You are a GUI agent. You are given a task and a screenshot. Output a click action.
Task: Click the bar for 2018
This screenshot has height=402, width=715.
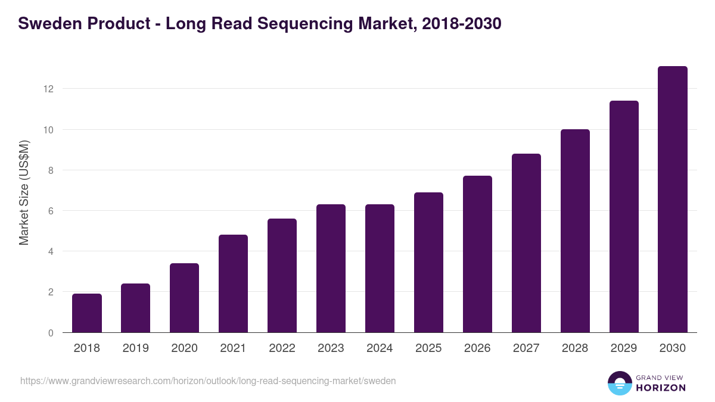pyautogui.click(x=87, y=313)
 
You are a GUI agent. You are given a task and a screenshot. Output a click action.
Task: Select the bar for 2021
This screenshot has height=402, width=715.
pyautogui.click(x=233, y=283)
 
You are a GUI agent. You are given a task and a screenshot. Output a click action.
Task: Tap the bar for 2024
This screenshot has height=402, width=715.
pyautogui.click(x=380, y=269)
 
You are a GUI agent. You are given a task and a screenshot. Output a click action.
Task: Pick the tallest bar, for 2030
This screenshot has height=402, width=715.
pyautogui.click(x=673, y=200)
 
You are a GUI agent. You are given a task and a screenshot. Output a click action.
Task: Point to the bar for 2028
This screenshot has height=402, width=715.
pyautogui.click(x=575, y=231)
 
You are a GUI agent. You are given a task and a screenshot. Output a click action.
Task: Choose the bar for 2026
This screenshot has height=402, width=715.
pyautogui.click(x=477, y=254)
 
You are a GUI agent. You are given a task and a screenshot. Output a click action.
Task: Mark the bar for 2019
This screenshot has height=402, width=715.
pyautogui.click(x=136, y=308)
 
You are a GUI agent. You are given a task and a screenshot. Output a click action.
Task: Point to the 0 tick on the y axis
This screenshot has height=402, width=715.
pyautogui.click(x=51, y=333)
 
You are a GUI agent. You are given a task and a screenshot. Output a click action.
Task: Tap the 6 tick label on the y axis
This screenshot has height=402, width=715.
pyautogui.click(x=51, y=211)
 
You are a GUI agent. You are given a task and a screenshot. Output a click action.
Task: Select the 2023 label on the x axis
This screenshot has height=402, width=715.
pyautogui.click(x=331, y=348)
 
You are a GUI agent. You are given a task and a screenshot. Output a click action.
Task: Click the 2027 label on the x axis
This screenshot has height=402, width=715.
pyautogui.click(x=526, y=348)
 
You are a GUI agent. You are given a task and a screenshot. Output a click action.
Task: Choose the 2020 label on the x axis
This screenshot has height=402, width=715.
pyautogui.click(x=184, y=348)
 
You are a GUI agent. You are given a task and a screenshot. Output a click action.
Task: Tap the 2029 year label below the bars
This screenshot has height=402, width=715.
pyautogui.click(x=624, y=348)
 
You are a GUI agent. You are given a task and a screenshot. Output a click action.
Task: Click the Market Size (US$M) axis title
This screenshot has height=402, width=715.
pyautogui.click(x=24, y=192)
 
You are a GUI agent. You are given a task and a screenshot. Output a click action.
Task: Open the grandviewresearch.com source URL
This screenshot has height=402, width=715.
pyautogui.click(x=208, y=381)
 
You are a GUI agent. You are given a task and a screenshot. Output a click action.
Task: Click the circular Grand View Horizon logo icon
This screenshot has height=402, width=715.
pyautogui.click(x=619, y=383)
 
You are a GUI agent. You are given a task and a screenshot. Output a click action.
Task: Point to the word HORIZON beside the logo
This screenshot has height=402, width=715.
pyautogui.click(x=661, y=388)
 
